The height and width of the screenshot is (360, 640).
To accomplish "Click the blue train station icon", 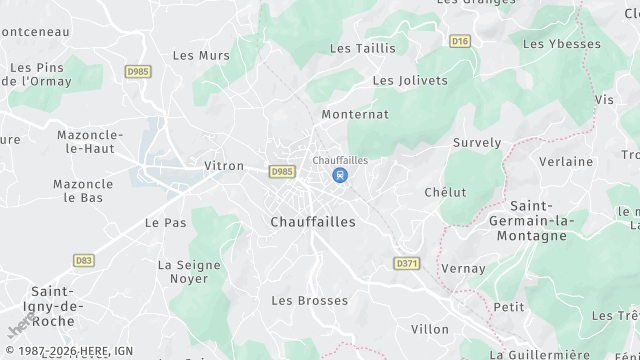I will [340, 175].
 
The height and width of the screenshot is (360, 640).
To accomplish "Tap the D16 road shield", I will [460, 41].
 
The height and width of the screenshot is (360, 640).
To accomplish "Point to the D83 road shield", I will [84, 260].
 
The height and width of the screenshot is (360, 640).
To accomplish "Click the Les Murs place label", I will [194, 56].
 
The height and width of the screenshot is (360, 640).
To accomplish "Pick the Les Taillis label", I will [362, 48].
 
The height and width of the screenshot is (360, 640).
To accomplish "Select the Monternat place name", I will [355, 115].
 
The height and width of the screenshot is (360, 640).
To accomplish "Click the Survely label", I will [477, 143].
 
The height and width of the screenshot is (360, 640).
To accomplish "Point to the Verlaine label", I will [566, 161].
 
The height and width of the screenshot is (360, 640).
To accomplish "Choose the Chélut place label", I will [445, 192].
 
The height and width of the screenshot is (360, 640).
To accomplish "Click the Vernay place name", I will [464, 269].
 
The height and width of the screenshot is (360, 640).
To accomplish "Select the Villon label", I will [430, 329].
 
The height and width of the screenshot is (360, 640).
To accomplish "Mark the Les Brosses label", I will [310, 300].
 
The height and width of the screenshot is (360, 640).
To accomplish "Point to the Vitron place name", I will [223, 166].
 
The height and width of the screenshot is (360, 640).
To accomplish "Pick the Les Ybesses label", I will [562, 44].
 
